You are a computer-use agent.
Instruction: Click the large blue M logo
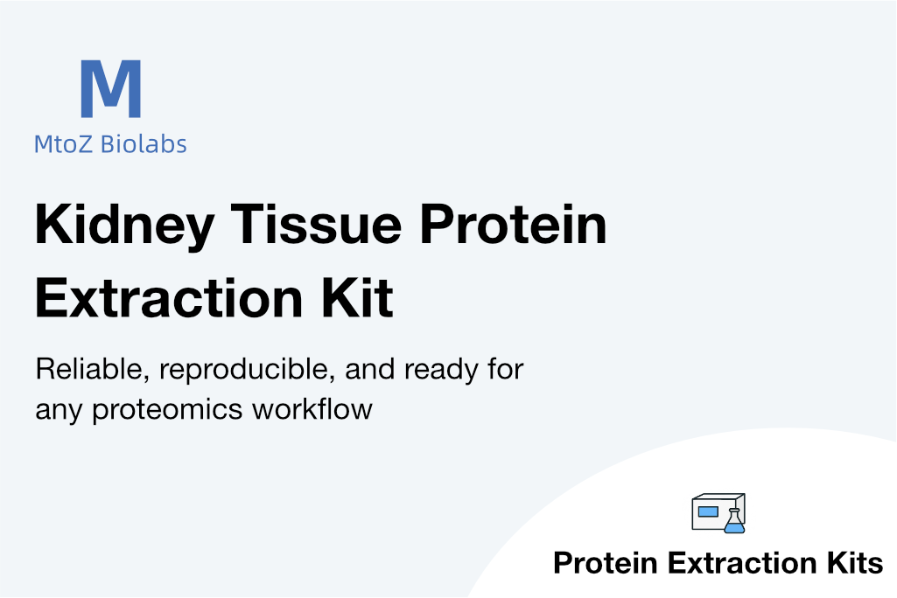111,88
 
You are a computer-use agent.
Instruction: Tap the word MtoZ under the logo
63,144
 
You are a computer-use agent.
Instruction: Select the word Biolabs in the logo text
144,144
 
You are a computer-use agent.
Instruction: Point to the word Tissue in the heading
316,224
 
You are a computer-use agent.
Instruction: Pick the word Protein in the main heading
513,224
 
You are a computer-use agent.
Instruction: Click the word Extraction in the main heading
169,298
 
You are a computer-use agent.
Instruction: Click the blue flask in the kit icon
735,521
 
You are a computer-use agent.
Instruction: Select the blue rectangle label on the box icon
708,511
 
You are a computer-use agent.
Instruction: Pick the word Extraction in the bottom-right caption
742,563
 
